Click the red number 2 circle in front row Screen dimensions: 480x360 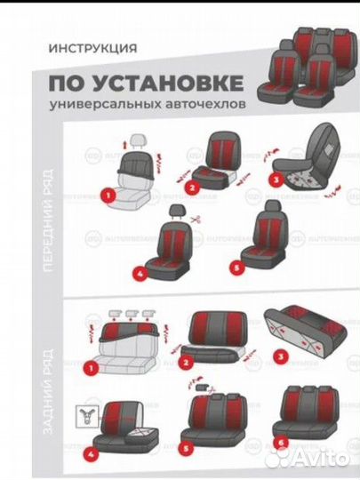click(191, 188)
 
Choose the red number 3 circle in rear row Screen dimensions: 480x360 click(281, 358)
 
